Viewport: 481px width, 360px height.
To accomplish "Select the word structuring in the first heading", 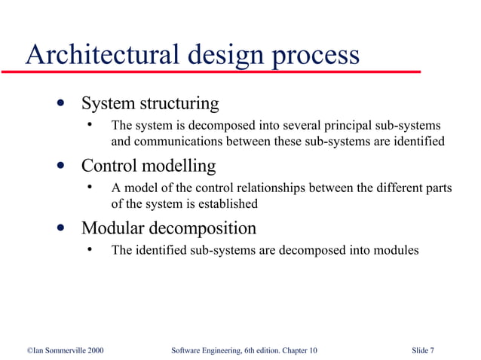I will pyautogui.click(x=179, y=103).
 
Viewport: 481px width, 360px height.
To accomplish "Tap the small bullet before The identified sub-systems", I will pyautogui.click(x=89, y=250).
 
